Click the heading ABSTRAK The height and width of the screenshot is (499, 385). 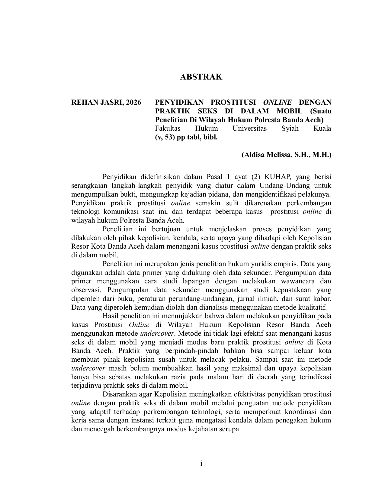[201, 77]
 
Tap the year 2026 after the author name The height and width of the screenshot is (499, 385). [133, 102]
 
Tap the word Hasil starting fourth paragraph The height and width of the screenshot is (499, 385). [110, 316]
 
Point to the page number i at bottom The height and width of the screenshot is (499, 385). [201, 464]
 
